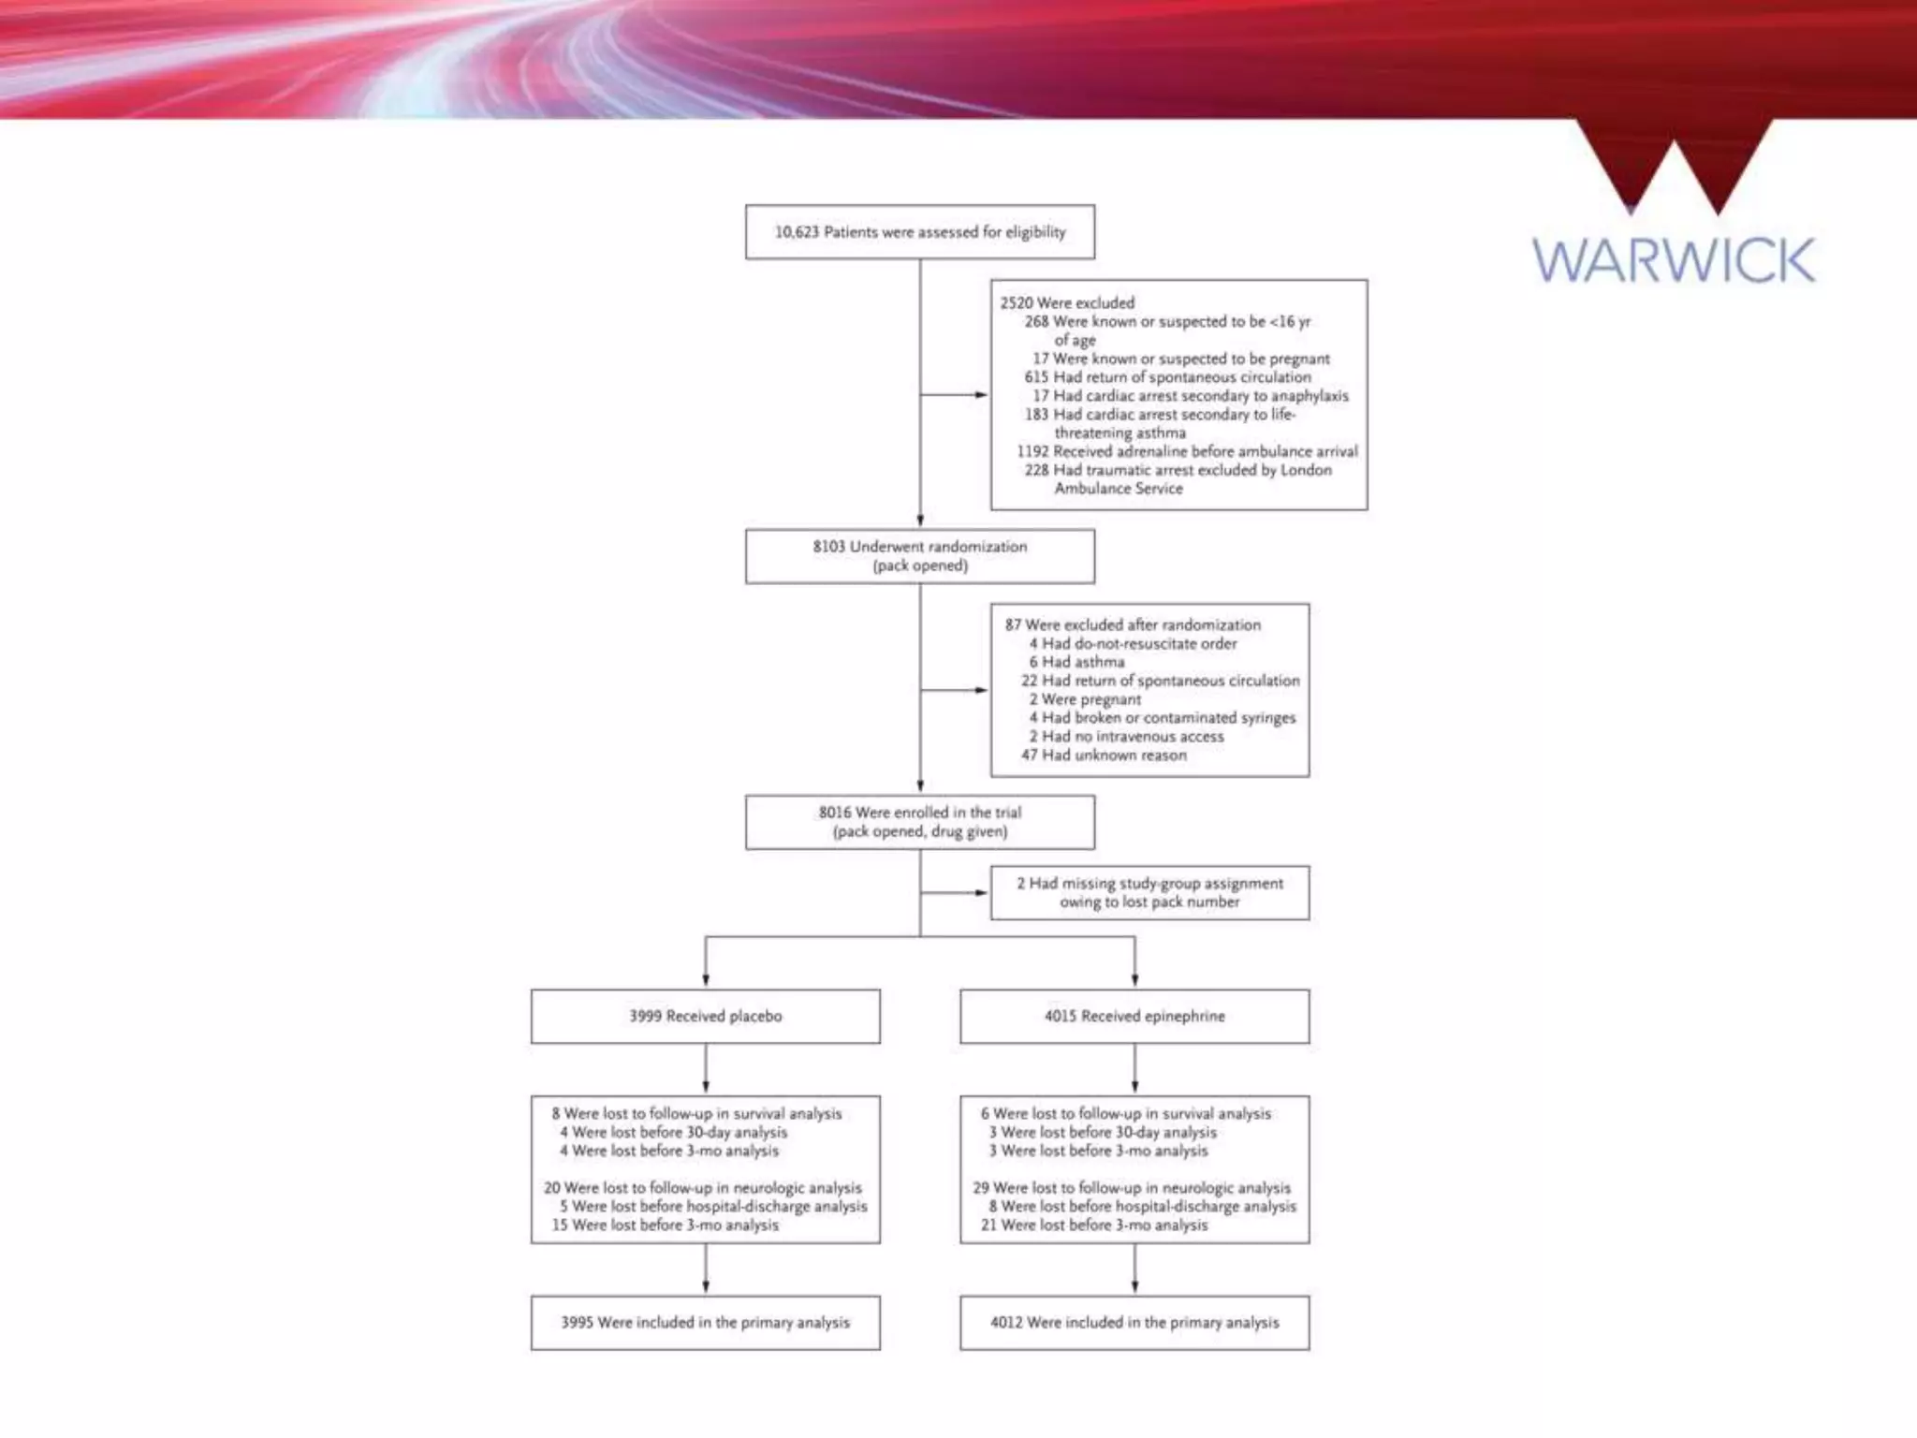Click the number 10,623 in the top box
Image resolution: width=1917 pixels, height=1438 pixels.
tap(796, 232)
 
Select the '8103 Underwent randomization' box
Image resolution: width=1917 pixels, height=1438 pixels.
tap(919, 556)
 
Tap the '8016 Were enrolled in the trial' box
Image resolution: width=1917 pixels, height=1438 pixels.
tap(919, 822)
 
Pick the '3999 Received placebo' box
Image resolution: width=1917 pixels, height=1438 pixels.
tap(705, 1016)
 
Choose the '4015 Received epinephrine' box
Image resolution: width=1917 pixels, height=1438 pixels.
tap(1134, 1016)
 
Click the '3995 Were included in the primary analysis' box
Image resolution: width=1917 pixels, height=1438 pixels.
tap(705, 1322)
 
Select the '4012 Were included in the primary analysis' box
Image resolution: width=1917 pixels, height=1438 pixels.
tap(1134, 1322)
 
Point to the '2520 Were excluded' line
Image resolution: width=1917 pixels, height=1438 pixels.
tap(1067, 302)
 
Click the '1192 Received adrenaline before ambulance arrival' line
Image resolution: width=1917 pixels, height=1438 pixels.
tap(1187, 451)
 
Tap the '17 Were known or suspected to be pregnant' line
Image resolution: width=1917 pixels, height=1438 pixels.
tap(1180, 359)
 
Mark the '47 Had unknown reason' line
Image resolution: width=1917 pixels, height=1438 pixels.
tap(1104, 755)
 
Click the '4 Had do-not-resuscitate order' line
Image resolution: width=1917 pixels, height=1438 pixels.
tap(1133, 643)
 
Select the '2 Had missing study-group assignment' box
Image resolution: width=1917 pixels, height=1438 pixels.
tap(1149, 892)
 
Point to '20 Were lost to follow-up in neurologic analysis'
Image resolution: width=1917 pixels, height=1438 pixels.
tap(703, 1187)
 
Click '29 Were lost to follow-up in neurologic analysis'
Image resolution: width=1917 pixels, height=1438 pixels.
tap(1132, 1187)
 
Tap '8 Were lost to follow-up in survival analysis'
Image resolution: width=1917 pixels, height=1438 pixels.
tap(696, 1113)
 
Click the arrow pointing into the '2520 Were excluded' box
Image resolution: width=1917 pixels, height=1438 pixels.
tap(979, 395)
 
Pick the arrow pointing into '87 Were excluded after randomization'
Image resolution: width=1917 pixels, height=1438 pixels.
tap(979, 690)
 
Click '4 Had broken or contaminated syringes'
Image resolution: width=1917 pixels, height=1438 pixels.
tap(1163, 717)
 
